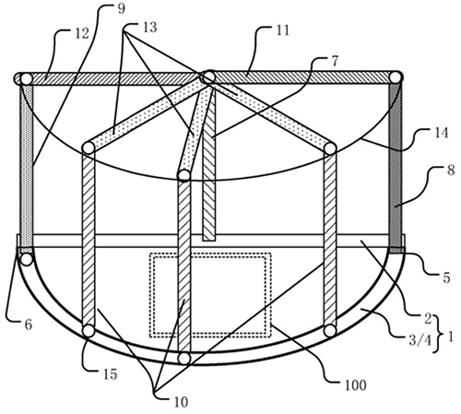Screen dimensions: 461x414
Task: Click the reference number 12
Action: point(82,33)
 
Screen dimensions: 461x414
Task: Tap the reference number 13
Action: point(150,27)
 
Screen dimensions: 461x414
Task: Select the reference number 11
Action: point(283,30)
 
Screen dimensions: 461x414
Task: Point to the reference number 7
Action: point(335,61)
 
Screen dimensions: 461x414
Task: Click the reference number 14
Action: point(442,133)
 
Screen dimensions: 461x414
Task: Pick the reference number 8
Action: point(451,170)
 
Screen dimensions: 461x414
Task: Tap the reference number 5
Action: point(446,278)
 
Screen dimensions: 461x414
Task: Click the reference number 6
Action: point(29,325)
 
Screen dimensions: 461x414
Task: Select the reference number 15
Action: point(111,374)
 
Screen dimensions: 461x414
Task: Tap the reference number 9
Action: point(122,9)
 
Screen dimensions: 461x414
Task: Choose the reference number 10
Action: point(181,402)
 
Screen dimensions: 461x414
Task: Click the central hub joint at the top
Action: point(208,77)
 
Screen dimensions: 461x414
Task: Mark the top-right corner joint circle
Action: point(396,77)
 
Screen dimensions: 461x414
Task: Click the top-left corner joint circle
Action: point(25,79)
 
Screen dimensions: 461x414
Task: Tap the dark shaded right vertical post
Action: point(396,165)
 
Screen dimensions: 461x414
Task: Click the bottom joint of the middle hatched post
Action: point(184,359)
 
